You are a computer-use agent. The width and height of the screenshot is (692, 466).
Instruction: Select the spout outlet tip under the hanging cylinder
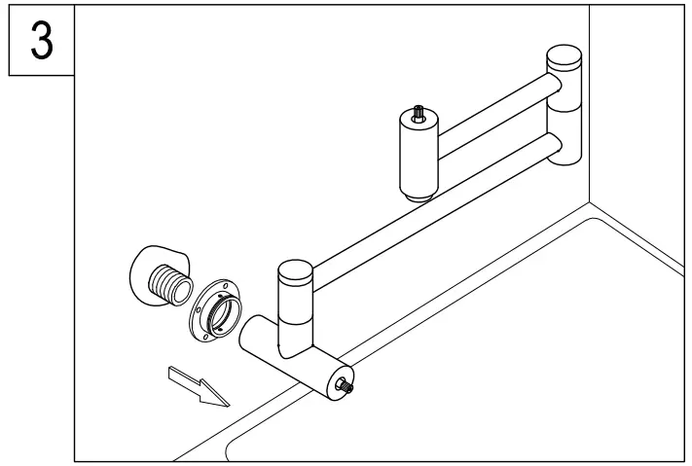click(x=419, y=197)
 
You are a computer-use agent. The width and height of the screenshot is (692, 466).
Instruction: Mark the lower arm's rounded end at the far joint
click(x=554, y=146)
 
